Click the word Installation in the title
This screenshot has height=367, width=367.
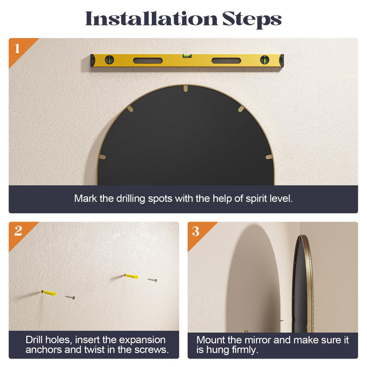coord(151,18)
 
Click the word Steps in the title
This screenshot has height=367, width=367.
coord(252,20)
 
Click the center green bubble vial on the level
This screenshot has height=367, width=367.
coord(187,56)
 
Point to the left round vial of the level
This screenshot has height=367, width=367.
coord(109,60)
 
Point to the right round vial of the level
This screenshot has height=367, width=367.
coord(265,60)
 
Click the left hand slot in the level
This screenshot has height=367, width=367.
coord(148,61)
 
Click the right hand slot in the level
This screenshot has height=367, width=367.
coord(226,61)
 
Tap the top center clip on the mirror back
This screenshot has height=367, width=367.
coord(185,88)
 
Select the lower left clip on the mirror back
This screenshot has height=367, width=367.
coord(102,157)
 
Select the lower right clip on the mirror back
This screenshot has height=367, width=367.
coord(269,157)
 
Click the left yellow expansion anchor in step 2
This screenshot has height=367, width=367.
coord(49,293)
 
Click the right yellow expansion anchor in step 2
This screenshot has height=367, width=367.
coord(131,276)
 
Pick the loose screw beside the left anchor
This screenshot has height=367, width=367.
coord(70,297)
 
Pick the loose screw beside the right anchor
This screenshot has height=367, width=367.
coord(152,280)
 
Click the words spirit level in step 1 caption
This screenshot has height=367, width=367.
coord(269,199)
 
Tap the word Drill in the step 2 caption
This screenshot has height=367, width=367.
coord(37,340)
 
